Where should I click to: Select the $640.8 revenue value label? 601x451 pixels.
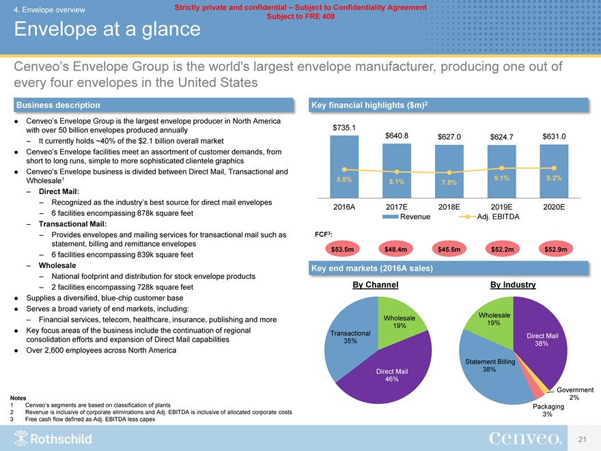click(x=397, y=136)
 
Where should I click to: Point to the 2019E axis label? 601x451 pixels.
click(x=502, y=206)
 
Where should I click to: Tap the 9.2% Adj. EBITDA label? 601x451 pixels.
click(x=554, y=178)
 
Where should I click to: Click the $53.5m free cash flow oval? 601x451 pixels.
click(x=343, y=249)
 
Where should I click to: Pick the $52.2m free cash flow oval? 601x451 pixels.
click(x=502, y=249)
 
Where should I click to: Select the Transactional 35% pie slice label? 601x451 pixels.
click(x=350, y=337)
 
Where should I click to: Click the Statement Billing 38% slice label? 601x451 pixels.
click(x=489, y=365)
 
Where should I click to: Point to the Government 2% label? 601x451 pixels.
click(x=574, y=394)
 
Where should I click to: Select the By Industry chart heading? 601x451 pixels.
click(x=512, y=285)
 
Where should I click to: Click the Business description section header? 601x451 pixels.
click(x=58, y=105)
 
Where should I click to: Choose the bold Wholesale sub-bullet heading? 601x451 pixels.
click(x=57, y=264)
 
